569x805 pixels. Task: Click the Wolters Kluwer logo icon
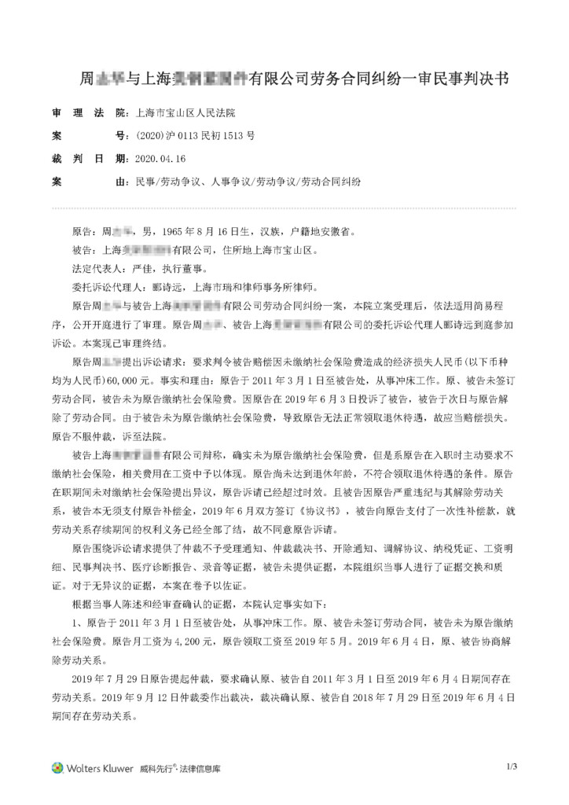click(57, 768)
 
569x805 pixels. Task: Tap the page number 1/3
click(511, 766)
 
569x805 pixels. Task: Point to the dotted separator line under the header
click(284, 208)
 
